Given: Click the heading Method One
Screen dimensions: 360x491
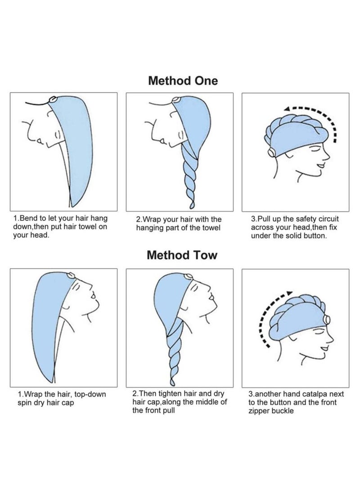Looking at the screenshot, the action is pos(183,81).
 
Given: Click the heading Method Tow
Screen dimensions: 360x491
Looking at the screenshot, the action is pos(182,255).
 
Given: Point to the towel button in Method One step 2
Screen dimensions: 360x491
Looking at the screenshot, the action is pos(176,100).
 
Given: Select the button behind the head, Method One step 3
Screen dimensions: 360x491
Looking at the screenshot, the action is pos(270,153).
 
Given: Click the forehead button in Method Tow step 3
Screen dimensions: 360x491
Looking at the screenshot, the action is pos(327,320).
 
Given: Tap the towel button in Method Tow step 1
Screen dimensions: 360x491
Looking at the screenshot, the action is pos(71,276).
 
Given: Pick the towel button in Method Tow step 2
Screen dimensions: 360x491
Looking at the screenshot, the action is pos(189,276).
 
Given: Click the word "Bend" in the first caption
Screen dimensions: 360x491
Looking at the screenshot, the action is pos(29,218).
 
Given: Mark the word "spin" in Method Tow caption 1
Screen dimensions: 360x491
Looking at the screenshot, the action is pos(25,403).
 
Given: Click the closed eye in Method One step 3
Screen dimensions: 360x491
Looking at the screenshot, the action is pos(315,149).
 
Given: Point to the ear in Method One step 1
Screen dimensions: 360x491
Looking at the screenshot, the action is pos(57,135).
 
